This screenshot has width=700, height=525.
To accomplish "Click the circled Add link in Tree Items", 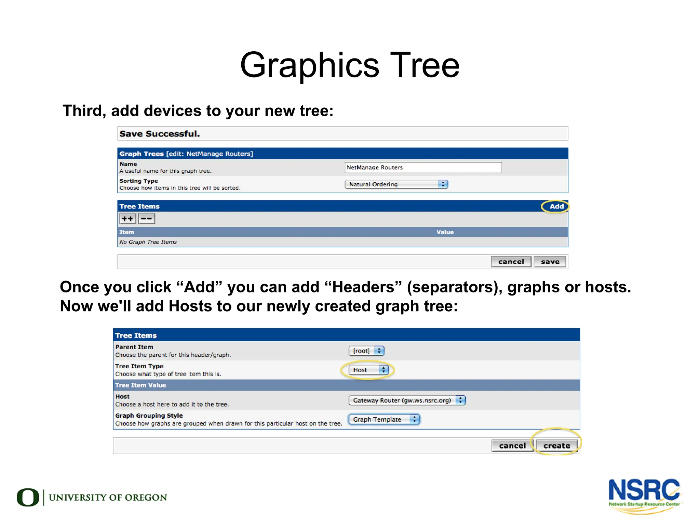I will coord(556,206).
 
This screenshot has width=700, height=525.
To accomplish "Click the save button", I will coord(550,262).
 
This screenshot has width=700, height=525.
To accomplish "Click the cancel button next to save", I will coord(511,262).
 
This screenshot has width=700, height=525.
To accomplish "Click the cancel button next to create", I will coord(512,445).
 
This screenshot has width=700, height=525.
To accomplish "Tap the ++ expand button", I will coord(127,219).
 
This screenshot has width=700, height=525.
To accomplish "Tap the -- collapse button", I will coord(147,219).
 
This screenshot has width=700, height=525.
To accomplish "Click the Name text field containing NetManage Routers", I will coord(423,167).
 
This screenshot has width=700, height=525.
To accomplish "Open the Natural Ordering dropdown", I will coord(396,184).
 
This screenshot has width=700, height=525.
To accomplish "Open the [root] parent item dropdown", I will coord(366,351).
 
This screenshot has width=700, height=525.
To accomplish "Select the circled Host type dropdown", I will coord(368,370).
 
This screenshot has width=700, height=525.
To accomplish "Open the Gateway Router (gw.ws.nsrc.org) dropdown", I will coord(407,400).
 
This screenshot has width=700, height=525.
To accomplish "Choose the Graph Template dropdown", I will coord(384,419).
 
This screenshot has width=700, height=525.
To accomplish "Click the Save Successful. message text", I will coord(159,134).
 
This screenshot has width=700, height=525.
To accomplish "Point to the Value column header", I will coord(445,232).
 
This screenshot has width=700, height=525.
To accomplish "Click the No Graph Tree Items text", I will coord(148,242).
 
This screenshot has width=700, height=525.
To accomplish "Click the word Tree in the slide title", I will coord(425,65).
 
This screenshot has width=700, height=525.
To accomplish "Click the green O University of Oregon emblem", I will coord(28,497).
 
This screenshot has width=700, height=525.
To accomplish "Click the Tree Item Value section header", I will coord(140,385).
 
